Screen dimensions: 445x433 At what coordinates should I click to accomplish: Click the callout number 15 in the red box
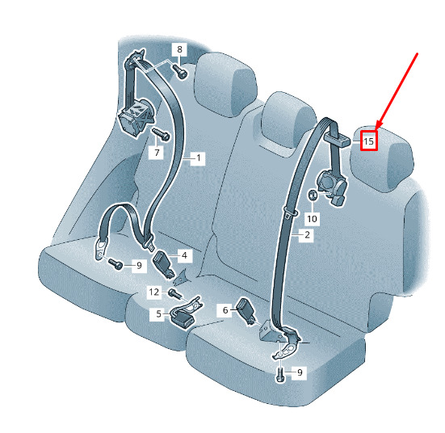[x=368, y=141]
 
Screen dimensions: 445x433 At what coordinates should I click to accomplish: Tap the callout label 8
[x=179, y=49]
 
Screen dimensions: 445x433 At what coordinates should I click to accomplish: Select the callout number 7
[x=157, y=153]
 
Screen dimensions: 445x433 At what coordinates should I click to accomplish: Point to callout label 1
[x=199, y=158]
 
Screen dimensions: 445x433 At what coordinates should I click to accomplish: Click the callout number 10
[x=312, y=219]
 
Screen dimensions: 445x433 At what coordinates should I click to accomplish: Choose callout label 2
[x=308, y=235]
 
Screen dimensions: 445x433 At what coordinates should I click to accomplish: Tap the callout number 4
[x=184, y=255]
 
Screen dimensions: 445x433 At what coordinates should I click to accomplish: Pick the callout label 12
[x=154, y=292]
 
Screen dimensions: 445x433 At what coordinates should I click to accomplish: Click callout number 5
[x=158, y=313]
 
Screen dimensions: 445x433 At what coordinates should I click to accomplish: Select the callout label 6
[x=225, y=310]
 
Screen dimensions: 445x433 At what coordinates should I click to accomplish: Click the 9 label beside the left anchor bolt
[x=139, y=266]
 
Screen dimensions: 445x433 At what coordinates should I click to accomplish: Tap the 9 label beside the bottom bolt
[x=300, y=372]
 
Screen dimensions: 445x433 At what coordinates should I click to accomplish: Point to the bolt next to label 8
[x=180, y=72]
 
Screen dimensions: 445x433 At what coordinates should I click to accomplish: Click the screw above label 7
[x=161, y=134]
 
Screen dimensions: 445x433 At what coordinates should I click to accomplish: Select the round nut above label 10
[x=313, y=195]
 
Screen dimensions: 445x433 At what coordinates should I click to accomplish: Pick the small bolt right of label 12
[x=174, y=294]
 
